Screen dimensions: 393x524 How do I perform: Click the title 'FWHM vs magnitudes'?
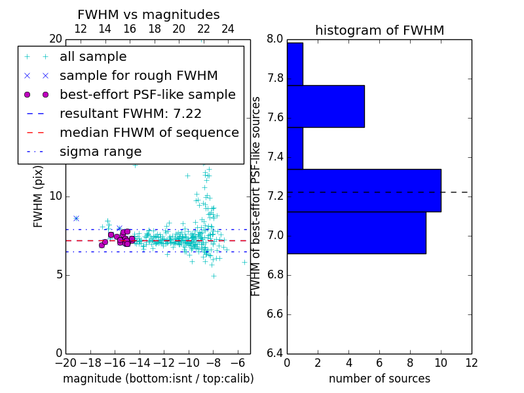[148, 14]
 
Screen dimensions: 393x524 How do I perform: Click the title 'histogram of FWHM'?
[379, 30]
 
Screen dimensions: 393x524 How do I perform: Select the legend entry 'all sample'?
[93, 57]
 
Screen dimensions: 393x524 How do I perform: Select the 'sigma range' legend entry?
[100, 151]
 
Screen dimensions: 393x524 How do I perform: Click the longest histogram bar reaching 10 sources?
[364, 190]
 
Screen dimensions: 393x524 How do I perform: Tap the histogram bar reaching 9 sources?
[356, 233]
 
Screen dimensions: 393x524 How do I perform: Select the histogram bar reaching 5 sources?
[325, 106]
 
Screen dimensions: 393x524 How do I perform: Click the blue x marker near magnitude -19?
[76, 218]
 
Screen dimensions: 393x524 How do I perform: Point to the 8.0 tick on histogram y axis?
[275, 39]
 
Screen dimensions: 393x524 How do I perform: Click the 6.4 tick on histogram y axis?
[275, 353]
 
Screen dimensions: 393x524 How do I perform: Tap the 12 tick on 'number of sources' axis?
[471, 362]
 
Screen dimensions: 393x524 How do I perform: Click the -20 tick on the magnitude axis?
[65, 362]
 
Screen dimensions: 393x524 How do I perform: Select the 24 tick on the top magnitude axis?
[228, 29]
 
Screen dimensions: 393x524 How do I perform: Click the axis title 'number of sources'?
[379, 379]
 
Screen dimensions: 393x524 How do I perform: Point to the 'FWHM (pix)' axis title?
[39, 196]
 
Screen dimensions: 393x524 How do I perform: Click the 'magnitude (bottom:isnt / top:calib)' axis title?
[158, 379]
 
